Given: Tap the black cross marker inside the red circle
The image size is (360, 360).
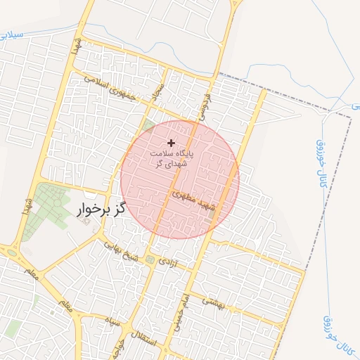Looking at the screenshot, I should coord(171,143).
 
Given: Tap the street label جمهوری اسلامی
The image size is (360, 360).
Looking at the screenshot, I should coord(113,87).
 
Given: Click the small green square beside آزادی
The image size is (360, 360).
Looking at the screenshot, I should coord(150,260).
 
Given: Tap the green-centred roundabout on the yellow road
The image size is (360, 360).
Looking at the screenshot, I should coord(11,250).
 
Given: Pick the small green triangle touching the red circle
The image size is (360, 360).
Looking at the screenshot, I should coord(148,127).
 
